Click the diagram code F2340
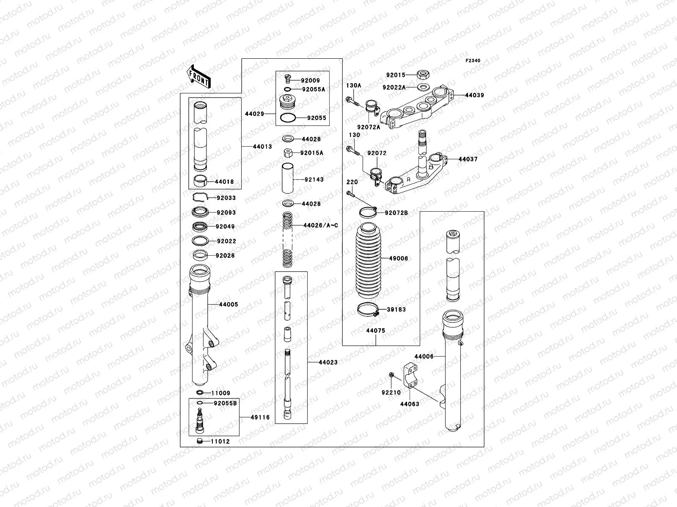473,61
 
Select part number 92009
311,80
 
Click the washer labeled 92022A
421,87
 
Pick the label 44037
468,159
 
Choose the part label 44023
328,362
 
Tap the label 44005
228,304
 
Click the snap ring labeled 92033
201,197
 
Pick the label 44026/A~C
321,225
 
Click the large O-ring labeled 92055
288,118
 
